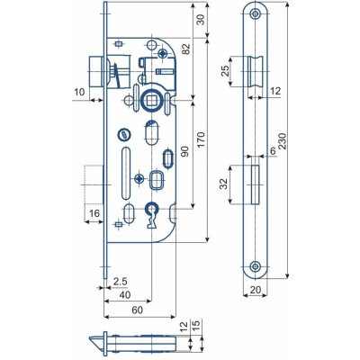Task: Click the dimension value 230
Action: pos(282,141)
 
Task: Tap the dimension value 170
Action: pos(201,140)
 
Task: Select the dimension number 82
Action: pos(186,49)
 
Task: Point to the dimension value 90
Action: pos(185,151)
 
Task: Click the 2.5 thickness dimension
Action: pos(121,282)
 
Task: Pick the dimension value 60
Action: pos(137,310)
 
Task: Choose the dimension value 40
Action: pos(125,295)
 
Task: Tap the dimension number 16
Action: pos(94,213)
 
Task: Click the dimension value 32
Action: pos(224,184)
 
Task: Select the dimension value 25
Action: pos(225,70)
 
